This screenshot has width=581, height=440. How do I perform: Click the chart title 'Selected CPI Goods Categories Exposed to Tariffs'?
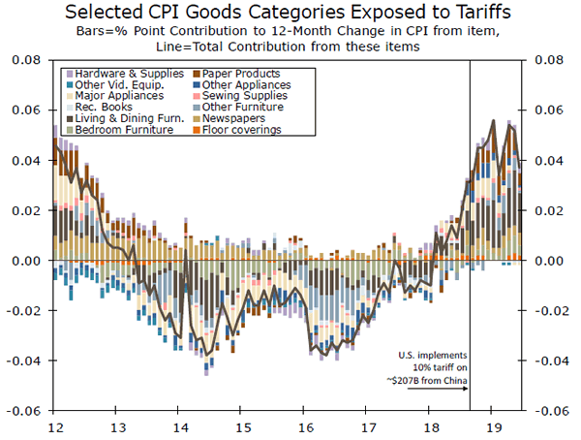click(291, 13)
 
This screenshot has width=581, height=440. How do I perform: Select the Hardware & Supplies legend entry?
click(113, 74)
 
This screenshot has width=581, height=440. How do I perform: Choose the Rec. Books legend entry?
click(98, 107)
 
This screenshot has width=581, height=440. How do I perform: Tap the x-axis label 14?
click(179, 426)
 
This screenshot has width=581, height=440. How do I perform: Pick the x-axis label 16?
click(305, 426)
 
